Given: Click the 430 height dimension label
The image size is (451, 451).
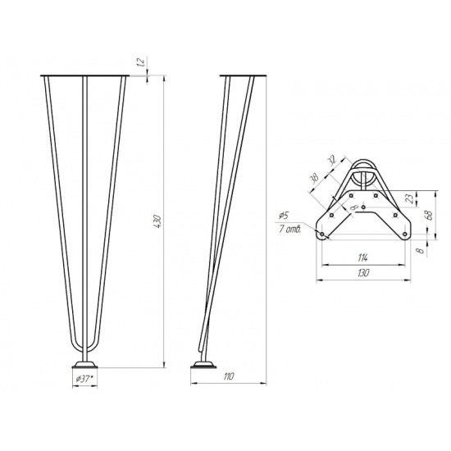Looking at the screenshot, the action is point(158,221).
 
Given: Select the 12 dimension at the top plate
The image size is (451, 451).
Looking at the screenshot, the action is point(142,61).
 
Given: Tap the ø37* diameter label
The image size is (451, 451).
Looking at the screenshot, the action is point(84,379).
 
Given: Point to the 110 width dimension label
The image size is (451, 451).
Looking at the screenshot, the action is point(229,376).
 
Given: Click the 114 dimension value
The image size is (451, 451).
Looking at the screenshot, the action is point(363,257).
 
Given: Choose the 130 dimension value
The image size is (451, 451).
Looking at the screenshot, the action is point(363,273).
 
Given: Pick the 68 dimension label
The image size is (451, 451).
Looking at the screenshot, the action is point(429,214).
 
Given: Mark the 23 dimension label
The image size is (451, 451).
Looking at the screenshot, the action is point(412,198).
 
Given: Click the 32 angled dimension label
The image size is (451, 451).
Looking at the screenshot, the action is point(332,162).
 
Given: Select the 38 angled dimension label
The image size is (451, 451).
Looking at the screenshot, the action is point(315,178).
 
